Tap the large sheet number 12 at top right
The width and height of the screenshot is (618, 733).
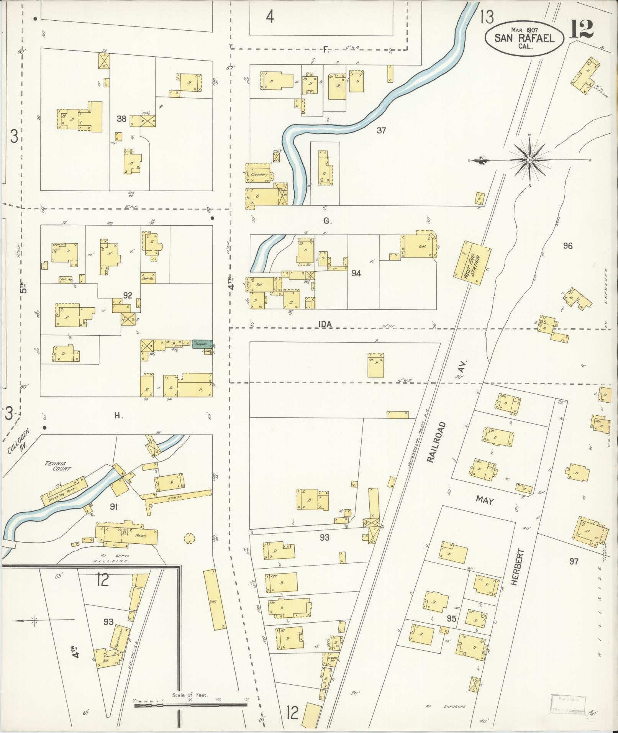pos(581,29)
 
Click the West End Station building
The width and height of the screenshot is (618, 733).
pos(472,263)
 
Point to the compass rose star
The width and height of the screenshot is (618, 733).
pos(529,160)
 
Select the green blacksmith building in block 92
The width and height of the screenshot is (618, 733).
pos(202,344)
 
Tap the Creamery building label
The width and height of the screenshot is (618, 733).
pos(260,175)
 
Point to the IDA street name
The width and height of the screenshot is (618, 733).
pos(325,324)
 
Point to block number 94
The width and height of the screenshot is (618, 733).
pos(356,273)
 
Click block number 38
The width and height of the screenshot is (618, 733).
pos(121,119)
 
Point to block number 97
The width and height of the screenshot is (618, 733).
pos(573,562)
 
